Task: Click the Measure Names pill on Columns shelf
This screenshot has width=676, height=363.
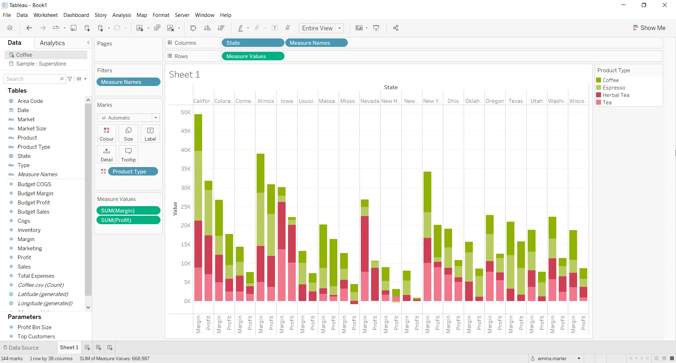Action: click(x=316, y=43)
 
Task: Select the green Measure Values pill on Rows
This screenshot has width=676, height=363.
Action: click(x=252, y=56)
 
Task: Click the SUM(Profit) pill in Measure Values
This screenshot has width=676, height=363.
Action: click(x=128, y=220)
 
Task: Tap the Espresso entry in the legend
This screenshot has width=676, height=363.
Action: click(x=614, y=88)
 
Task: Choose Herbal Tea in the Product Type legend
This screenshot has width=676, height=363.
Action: click(x=615, y=95)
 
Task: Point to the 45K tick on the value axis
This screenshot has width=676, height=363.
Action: click(x=186, y=131)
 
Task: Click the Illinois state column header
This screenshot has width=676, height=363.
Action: click(x=265, y=101)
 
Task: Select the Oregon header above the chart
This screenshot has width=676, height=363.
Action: click(x=495, y=101)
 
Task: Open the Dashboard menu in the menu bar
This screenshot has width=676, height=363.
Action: click(x=76, y=15)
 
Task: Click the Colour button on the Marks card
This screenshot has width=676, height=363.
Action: click(x=106, y=134)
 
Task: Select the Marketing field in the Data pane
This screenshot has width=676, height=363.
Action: click(x=30, y=248)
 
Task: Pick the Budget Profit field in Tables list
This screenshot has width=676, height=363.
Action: click(x=33, y=203)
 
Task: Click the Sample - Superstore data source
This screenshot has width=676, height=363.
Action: click(x=41, y=64)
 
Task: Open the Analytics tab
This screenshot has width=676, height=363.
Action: click(x=52, y=43)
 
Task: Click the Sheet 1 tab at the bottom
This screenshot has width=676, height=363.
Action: click(x=69, y=347)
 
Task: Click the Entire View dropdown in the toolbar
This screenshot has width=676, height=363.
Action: click(x=321, y=28)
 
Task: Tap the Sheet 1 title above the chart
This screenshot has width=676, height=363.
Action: click(x=184, y=75)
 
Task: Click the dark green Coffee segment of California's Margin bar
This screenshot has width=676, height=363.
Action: click(x=198, y=132)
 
